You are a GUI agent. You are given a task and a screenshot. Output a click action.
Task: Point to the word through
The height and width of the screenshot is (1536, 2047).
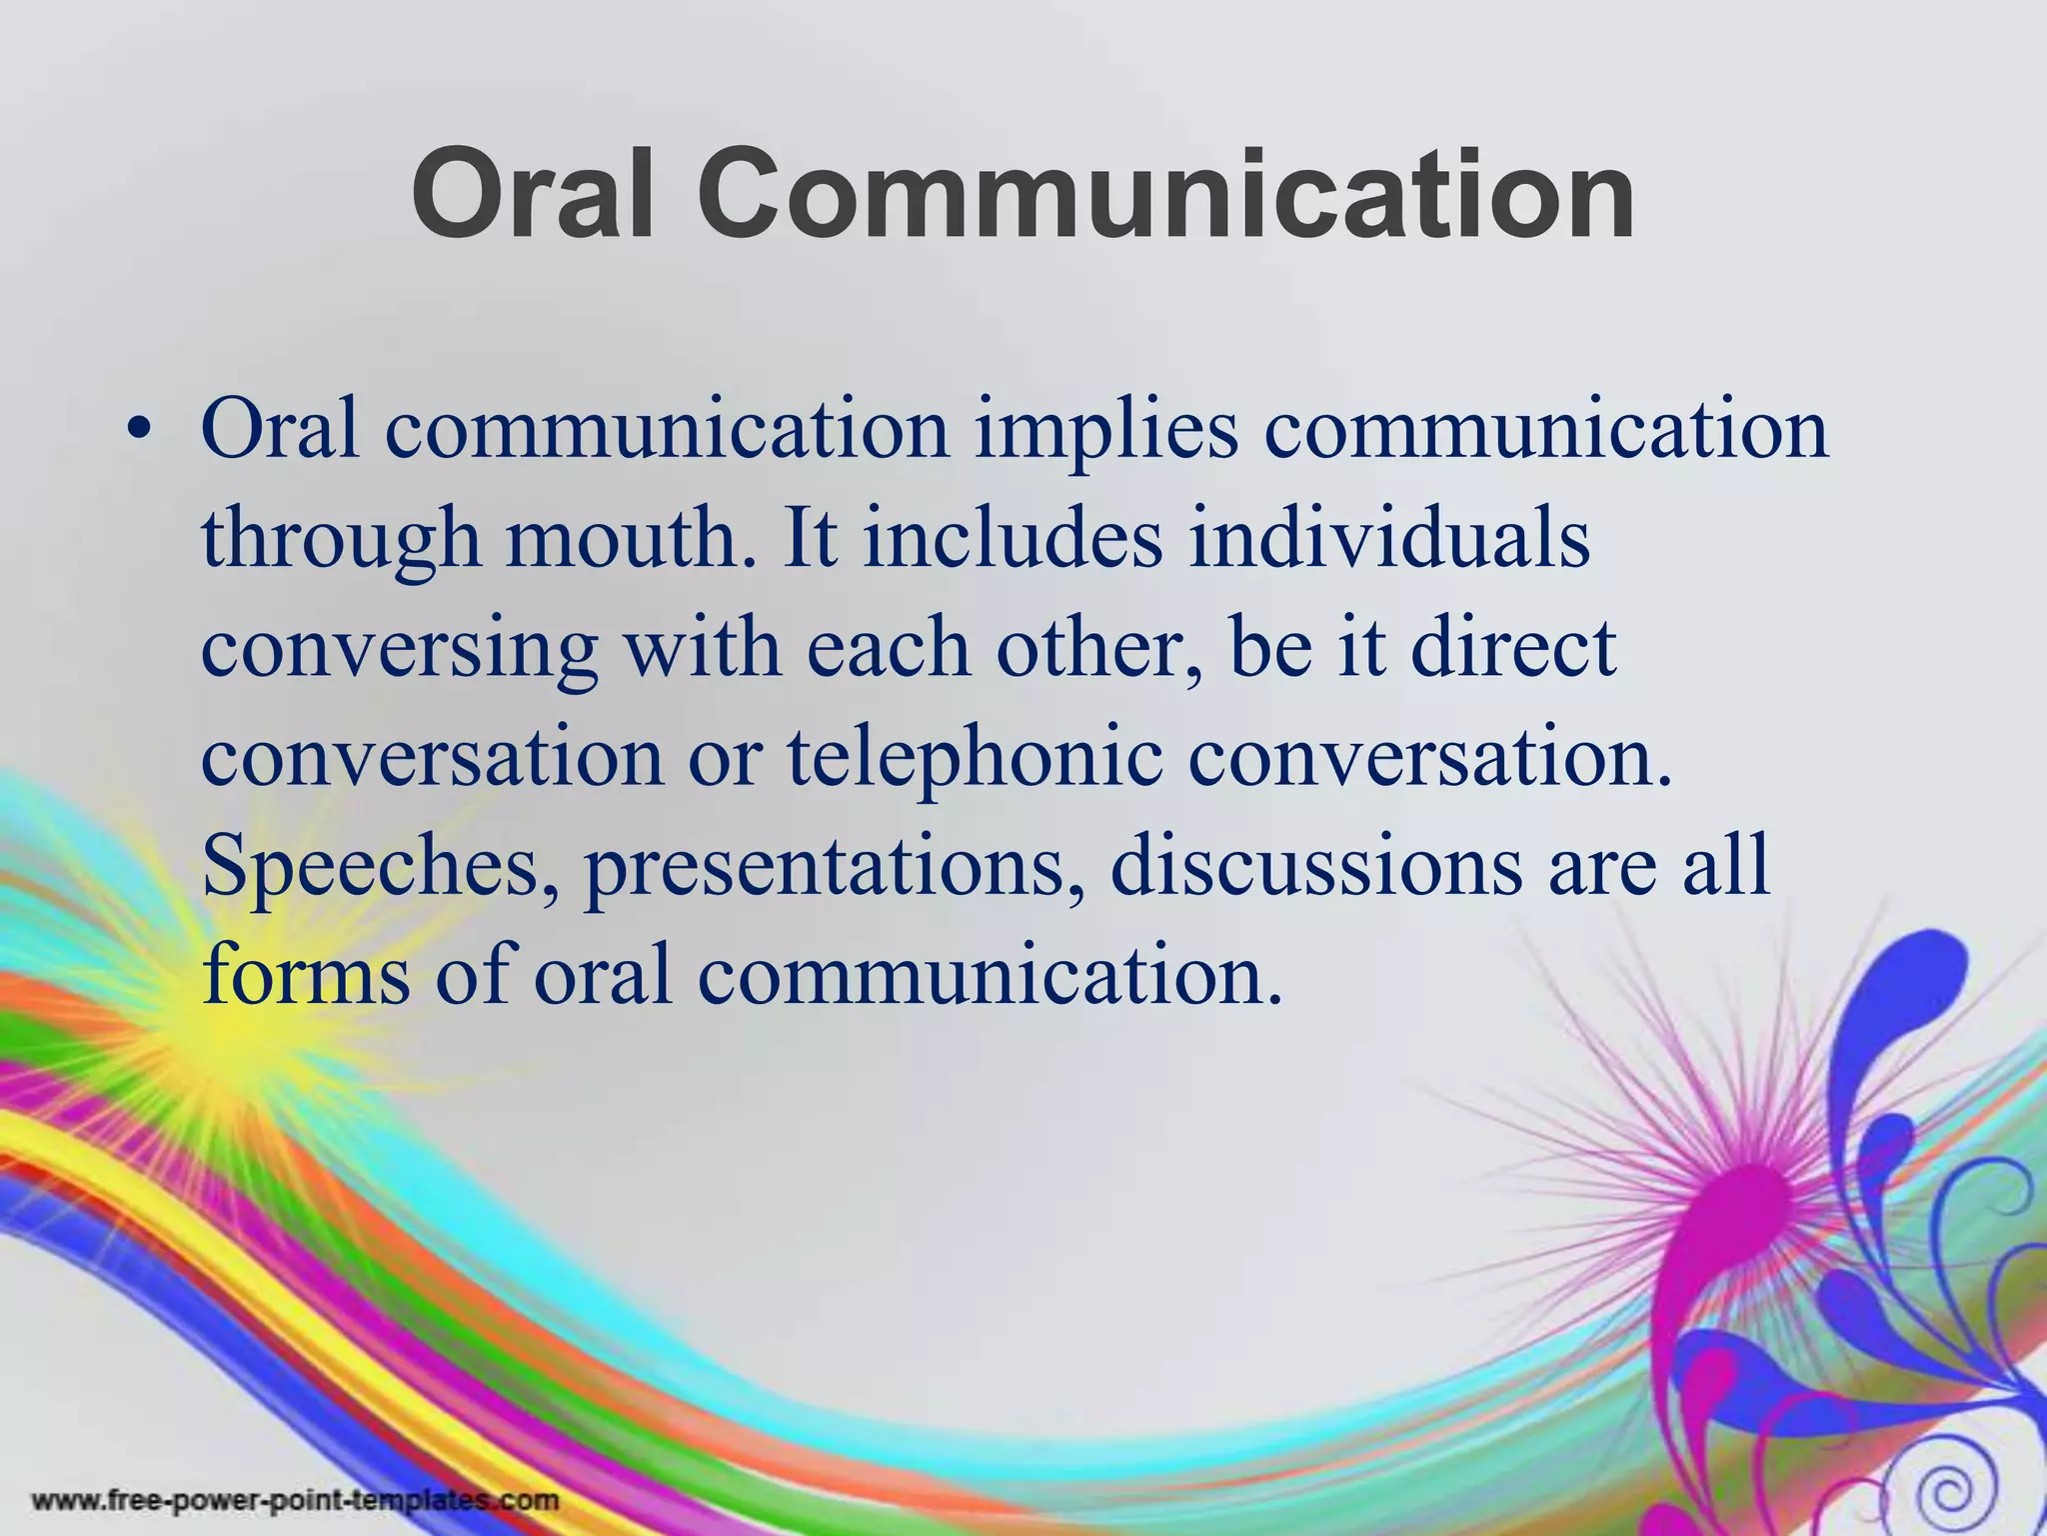pos(341,540)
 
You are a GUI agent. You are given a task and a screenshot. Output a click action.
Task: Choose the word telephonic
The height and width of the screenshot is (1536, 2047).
pos(975,758)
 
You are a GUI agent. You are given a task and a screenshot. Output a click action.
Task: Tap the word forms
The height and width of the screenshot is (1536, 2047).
pos(306,975)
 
